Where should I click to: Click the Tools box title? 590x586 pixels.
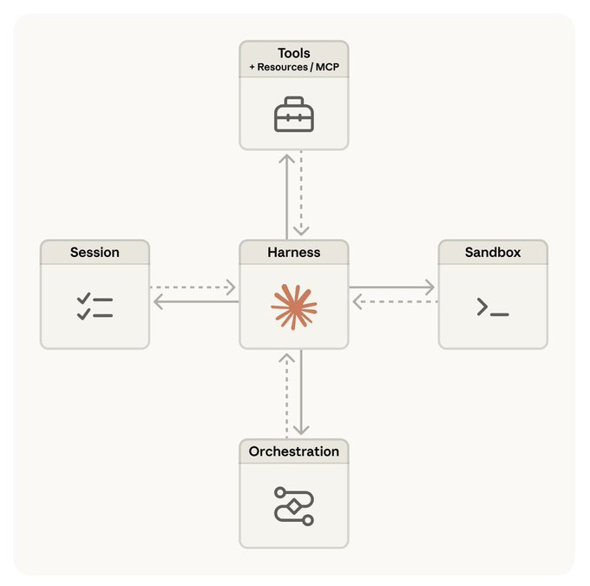click(x=294, y=53)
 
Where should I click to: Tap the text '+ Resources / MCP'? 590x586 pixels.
click(x=294, y=66)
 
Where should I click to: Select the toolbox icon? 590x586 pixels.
click(x=294, y=115)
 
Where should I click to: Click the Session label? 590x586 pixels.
click(x=95, y=253)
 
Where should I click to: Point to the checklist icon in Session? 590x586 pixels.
click(x=95, y=306)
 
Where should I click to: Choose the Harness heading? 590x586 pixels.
click(x=294, y=253)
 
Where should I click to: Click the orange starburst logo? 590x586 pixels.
click(x=294, y=306)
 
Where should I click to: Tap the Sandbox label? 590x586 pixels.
click(x=493, y=253)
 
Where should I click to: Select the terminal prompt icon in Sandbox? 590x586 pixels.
click(x=493, y=307)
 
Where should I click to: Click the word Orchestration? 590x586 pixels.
click(x=294, y=451)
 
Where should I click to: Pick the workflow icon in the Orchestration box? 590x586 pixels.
click(x=294, y=505)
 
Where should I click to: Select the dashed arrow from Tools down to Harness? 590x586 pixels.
click(x=301, y=195)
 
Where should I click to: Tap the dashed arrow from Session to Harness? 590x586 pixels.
click(x=193, y=286)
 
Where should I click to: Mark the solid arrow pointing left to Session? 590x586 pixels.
click(x=193, y=301)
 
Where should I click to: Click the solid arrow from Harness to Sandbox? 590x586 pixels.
click(x=393, y=286)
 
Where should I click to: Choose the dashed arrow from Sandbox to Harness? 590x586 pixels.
click(x=393, y=301)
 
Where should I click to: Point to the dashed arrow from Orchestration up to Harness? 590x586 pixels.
click(x=286, y=395)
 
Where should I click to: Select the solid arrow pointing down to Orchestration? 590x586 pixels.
click(x=301, y=395)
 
